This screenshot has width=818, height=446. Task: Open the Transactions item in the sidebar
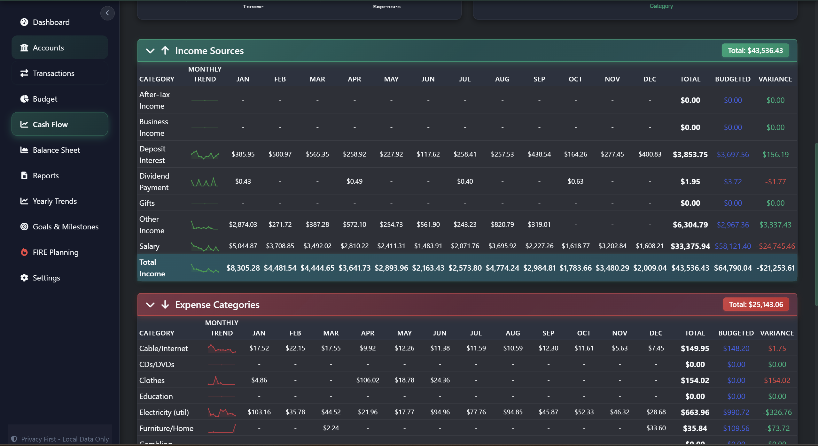point(53,73)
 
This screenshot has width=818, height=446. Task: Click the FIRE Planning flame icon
point(24,252)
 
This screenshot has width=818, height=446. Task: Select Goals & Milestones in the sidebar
point(66,227)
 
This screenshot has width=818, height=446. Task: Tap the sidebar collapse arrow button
point(107,13)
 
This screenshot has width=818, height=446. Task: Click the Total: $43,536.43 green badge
point(755,50)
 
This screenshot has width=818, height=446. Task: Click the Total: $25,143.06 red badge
point(756,304)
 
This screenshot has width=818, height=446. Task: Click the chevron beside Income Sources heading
point(150,51)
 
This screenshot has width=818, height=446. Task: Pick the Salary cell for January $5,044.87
point(243,246)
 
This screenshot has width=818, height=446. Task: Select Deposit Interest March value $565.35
point(317,154)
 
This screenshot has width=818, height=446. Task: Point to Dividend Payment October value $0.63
point(575,181)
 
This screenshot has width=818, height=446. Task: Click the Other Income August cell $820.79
point(502,225)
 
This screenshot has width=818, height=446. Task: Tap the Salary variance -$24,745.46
point(775,246)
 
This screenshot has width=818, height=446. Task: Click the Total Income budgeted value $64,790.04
point(733,268)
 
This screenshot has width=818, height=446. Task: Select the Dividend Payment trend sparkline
point(205,182)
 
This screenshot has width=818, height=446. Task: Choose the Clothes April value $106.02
point(368,380)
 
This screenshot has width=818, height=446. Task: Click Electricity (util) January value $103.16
point(259,412)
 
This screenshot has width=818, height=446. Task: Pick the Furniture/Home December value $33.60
point(656,428)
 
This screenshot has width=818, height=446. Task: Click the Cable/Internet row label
point(163,349)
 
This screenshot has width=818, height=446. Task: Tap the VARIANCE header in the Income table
point(775,79)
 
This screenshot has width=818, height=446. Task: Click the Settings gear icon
point(24,278)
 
